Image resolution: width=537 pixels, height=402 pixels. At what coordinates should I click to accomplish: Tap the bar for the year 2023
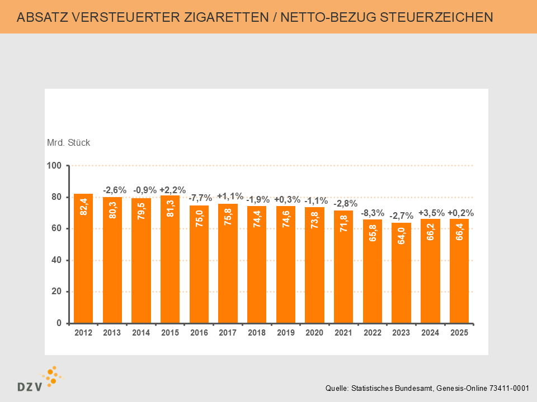(401, 273)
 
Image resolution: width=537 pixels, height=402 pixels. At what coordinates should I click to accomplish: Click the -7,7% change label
(200, 198)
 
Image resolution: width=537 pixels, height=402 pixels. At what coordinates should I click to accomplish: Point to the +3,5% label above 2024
(431, 212)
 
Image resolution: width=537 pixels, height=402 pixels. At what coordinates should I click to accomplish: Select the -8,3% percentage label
(373, 213)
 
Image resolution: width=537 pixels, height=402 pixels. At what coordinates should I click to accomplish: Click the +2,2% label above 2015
(172, 190)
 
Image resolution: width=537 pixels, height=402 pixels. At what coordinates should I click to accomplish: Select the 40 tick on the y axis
(56, 260)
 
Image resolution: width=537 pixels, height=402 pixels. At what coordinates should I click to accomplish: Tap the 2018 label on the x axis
(257, 333)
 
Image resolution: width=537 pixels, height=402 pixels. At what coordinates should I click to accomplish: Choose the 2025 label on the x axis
(459, 333)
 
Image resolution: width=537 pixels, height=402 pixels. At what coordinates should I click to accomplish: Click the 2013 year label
(112, 333)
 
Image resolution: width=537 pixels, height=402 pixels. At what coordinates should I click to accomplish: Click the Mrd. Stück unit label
(68, 142)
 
